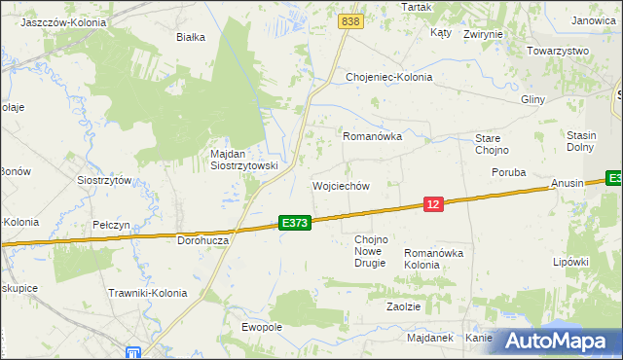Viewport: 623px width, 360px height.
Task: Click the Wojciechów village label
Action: coord(340,186)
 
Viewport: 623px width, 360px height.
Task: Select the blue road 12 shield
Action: coord(434,203)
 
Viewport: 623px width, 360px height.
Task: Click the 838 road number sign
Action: coord(351,20)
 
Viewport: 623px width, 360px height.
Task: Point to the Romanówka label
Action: coord(372,137)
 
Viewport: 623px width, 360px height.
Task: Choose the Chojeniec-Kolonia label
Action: coord(389,77)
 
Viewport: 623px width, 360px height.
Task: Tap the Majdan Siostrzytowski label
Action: coord(244,160)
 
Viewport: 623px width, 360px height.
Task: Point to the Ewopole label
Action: coord(262,327)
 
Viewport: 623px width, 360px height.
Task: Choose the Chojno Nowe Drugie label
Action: coord(371,251)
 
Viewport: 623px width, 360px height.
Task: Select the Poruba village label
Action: coord(508,172)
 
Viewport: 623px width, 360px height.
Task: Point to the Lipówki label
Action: coord(571,262)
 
